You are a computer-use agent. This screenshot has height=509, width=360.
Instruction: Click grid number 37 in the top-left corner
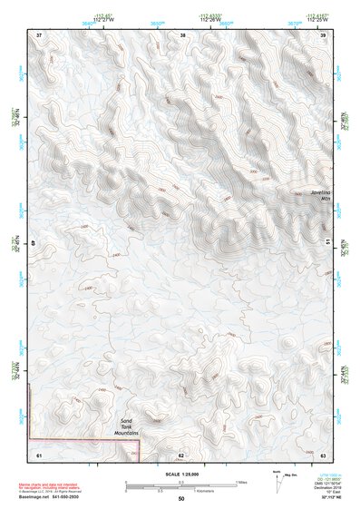pyautogui.click(x=39, y=35)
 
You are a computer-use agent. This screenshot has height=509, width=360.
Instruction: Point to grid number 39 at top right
pyautogui.click(x=323, y=35)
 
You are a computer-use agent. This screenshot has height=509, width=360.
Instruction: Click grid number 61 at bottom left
pyautogui.click(x=39, y=454)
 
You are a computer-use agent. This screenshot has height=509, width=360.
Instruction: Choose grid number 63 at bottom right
pyautogui.click(x=322, y=454)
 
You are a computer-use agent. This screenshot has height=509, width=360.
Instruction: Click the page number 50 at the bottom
pyautogui.click(x=181, y=499)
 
